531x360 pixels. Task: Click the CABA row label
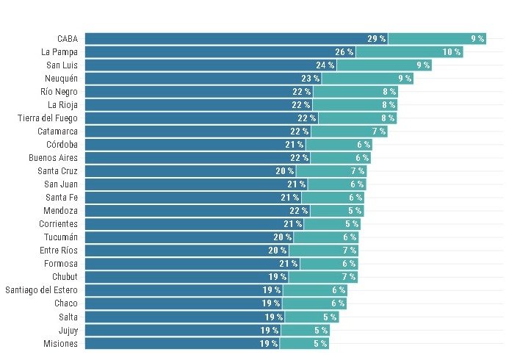click(x=68, y=39)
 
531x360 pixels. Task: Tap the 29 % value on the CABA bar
click(x=377, y=39)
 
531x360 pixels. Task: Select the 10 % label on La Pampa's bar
click(x=452, y=52)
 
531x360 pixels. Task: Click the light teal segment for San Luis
click(x=384, y=65)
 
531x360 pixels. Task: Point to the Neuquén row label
click(x=61, y=79)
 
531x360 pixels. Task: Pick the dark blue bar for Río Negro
click(x=199, y=91)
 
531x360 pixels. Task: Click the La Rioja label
click(x=62, y=105)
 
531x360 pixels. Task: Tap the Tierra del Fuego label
click(x=48, y=118)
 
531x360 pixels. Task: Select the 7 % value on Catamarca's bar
click(x=379, y=131)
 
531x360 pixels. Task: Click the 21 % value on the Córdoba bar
click(x=295, y=145)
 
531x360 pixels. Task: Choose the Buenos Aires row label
click(x=53, y=158)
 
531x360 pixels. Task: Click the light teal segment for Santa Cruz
click(x=331, y=171)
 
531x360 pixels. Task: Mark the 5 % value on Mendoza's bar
click(x=355, y=211)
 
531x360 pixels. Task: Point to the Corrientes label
click(x=58, y=224)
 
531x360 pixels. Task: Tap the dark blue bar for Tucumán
click(x=189, y=237)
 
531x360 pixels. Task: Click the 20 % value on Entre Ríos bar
click(x=278, y=251)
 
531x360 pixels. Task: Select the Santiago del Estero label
click(x=42, y=290)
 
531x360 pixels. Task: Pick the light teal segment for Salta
click(x=312, y=317)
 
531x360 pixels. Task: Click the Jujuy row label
click(x=68, y=330)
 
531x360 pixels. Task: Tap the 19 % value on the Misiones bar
click(x=269, y=343)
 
